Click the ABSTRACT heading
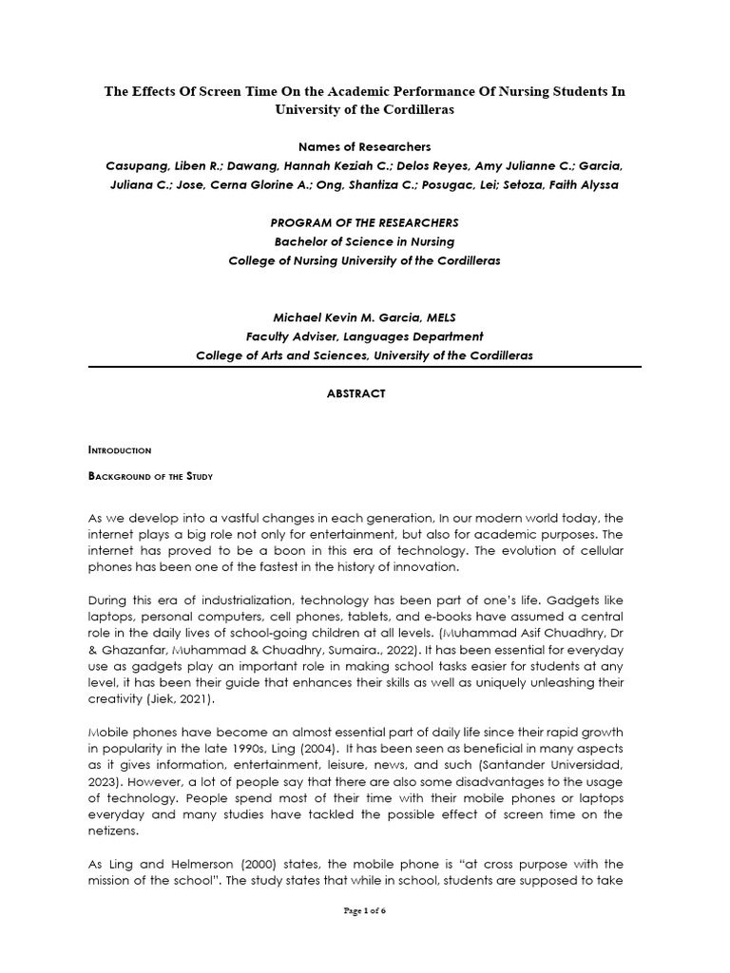point(365,394)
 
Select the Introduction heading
point(120,449)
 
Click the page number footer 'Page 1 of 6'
point(364,910)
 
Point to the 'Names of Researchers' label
point(364,147)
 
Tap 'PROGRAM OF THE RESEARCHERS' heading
point(365,222)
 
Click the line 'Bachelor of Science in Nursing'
point(365,241)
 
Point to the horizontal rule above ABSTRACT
point(365,366)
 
